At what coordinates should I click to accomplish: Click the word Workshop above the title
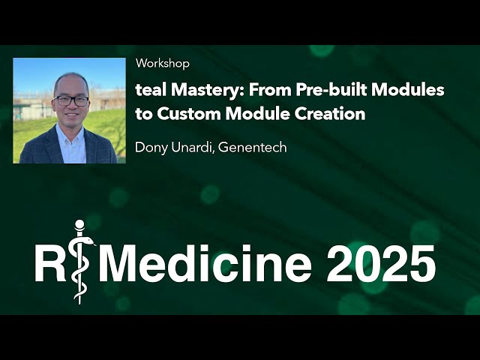click(x=162, y=64)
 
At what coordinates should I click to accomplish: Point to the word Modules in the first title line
click(x=412, y=90)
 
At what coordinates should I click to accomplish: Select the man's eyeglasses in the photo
click(x=71, y=100)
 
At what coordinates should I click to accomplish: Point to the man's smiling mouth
click(x=71, y=116)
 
